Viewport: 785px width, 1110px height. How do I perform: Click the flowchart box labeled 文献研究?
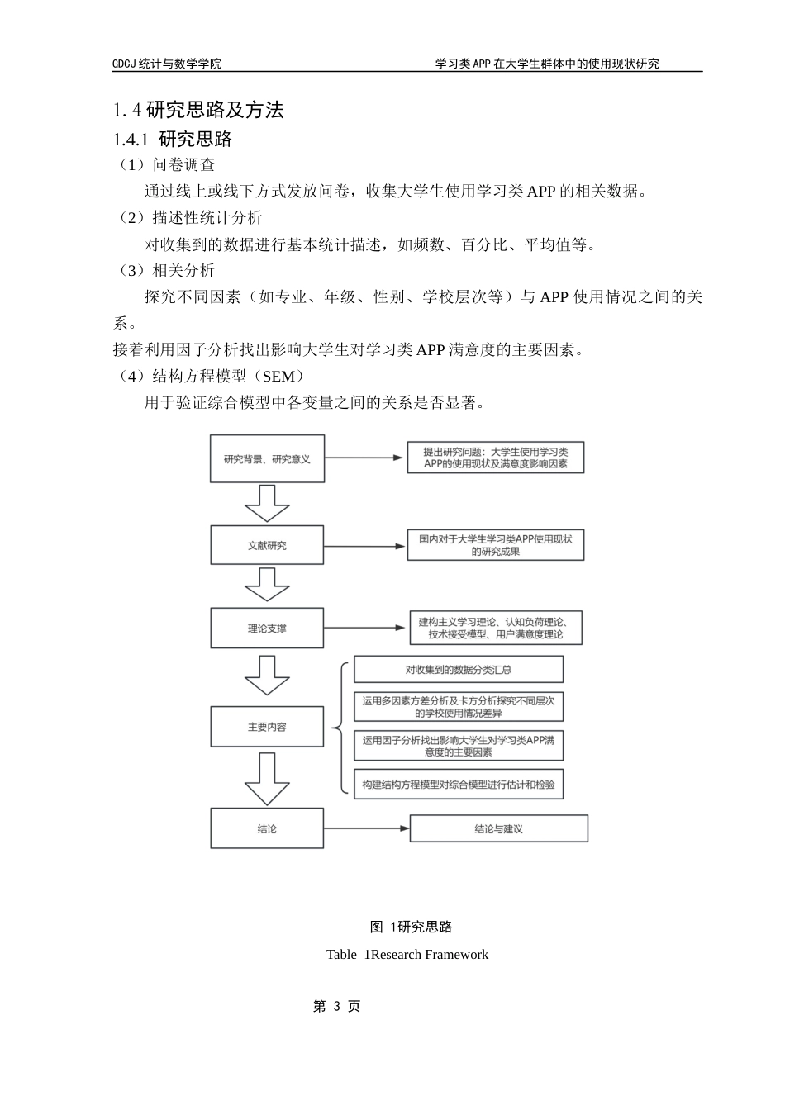coord(267,545)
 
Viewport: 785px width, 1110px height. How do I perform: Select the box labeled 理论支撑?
coord(267,629)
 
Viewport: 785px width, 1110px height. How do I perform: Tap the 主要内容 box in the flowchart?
coord(267,727)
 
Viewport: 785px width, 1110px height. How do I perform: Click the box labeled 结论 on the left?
coord(267,828)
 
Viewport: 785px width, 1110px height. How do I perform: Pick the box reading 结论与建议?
coord(498,828)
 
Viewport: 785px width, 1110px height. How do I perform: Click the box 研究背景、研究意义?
coord(267,459)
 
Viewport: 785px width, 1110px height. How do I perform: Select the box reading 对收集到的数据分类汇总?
coord(459,669)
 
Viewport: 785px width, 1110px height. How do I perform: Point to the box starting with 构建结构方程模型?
coord(459,785)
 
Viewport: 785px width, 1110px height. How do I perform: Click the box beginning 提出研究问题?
coord(495,458)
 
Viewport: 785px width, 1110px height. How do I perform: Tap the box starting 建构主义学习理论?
coord(496,629)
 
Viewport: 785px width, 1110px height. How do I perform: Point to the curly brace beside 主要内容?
coord(340,728)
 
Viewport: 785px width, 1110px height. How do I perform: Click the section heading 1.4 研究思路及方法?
coord(198,110)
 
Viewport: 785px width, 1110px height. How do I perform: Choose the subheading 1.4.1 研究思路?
coord(173,139)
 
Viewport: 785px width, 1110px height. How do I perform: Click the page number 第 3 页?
coord(337,1006)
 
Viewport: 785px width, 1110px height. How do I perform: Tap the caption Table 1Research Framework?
coord(407,955)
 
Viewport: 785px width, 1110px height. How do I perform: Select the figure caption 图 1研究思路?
coord(412,927)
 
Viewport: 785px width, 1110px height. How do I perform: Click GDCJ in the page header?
coord(124,64)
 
